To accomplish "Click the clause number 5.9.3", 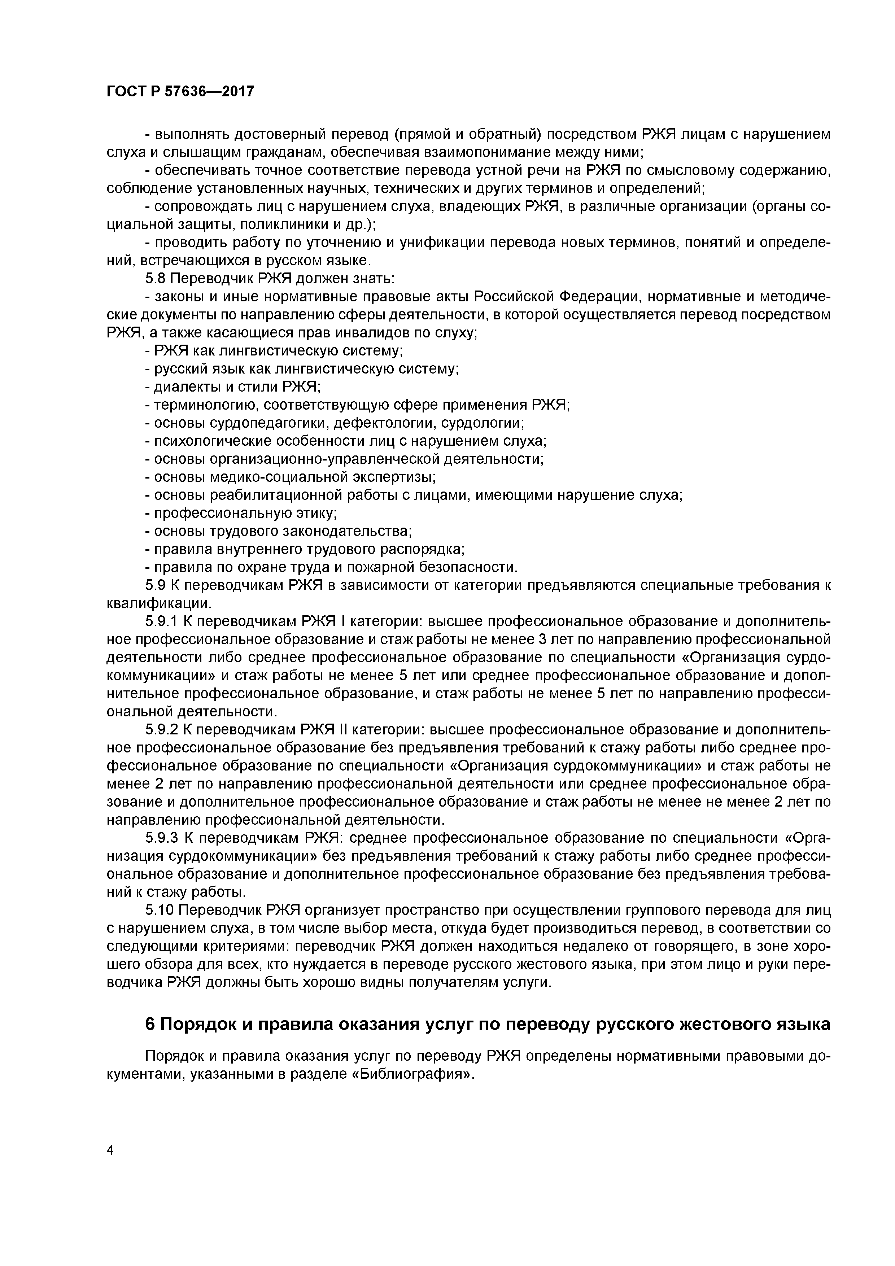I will pos(162,839).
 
